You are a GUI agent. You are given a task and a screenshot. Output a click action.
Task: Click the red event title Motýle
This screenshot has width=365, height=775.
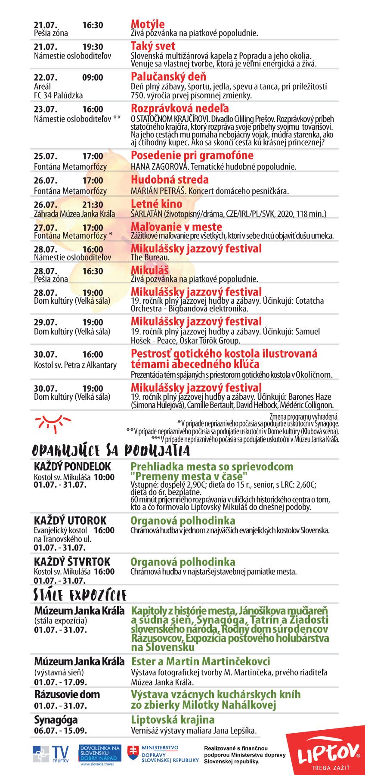pos(148,24)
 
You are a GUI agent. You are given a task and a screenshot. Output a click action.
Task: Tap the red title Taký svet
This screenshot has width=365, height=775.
pos(153,46)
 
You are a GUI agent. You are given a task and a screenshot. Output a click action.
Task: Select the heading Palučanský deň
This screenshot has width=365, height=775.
pos(168,77)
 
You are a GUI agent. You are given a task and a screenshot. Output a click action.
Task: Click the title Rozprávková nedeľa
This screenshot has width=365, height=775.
pos(179,108)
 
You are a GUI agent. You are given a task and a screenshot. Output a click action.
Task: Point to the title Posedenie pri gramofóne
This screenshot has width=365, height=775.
pos(192,156)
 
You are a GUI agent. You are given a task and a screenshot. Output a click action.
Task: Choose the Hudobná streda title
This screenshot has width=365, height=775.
pos(170,180)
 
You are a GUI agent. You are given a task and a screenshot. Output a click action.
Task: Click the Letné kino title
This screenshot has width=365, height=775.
pos(156,204)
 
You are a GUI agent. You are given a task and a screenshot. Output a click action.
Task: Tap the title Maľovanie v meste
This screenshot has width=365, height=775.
pos(176,227)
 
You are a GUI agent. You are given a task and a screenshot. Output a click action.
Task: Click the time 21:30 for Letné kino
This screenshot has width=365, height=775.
pos(93,205)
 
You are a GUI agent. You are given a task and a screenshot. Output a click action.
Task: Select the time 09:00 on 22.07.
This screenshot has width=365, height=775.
pos(93,78)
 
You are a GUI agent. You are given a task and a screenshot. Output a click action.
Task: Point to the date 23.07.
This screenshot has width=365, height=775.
pos(45,109)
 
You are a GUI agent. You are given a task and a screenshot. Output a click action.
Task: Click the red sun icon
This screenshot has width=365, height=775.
pos(53,423)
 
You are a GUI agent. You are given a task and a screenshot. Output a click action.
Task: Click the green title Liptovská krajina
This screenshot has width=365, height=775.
pos(173,720)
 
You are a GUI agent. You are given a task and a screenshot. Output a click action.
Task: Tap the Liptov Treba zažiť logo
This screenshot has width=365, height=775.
pos(328,753)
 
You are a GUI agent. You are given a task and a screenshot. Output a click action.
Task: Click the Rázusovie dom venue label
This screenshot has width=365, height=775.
pos(67,694)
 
